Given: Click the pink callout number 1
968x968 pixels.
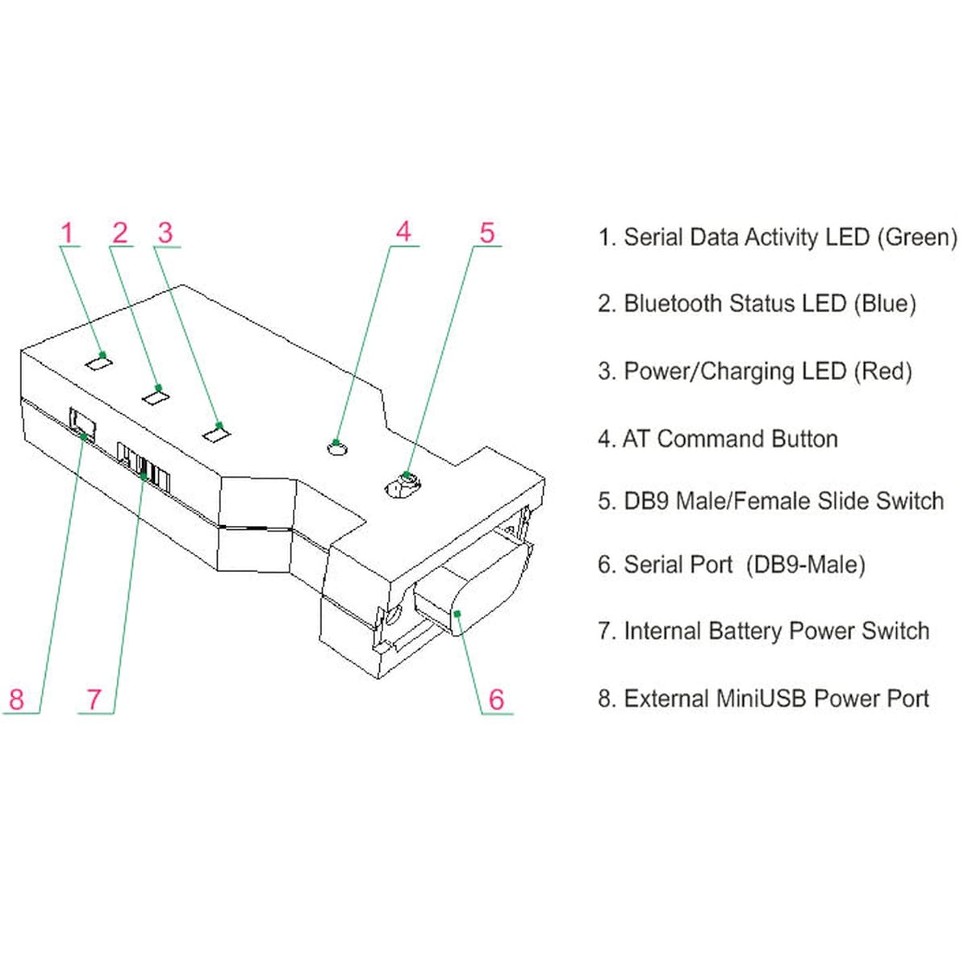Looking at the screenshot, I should tap(68, 232).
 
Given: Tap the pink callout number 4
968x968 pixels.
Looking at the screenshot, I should tap(403, 232).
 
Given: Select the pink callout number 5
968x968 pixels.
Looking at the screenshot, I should tap(486, 232).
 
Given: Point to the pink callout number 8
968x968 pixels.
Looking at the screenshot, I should tap(17, 699).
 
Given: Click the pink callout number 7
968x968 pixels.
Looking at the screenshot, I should tap(94, 699).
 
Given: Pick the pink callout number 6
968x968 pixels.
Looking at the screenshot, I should tap(496, 699).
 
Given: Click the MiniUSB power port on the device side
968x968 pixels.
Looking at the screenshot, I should tap(82, 424).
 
